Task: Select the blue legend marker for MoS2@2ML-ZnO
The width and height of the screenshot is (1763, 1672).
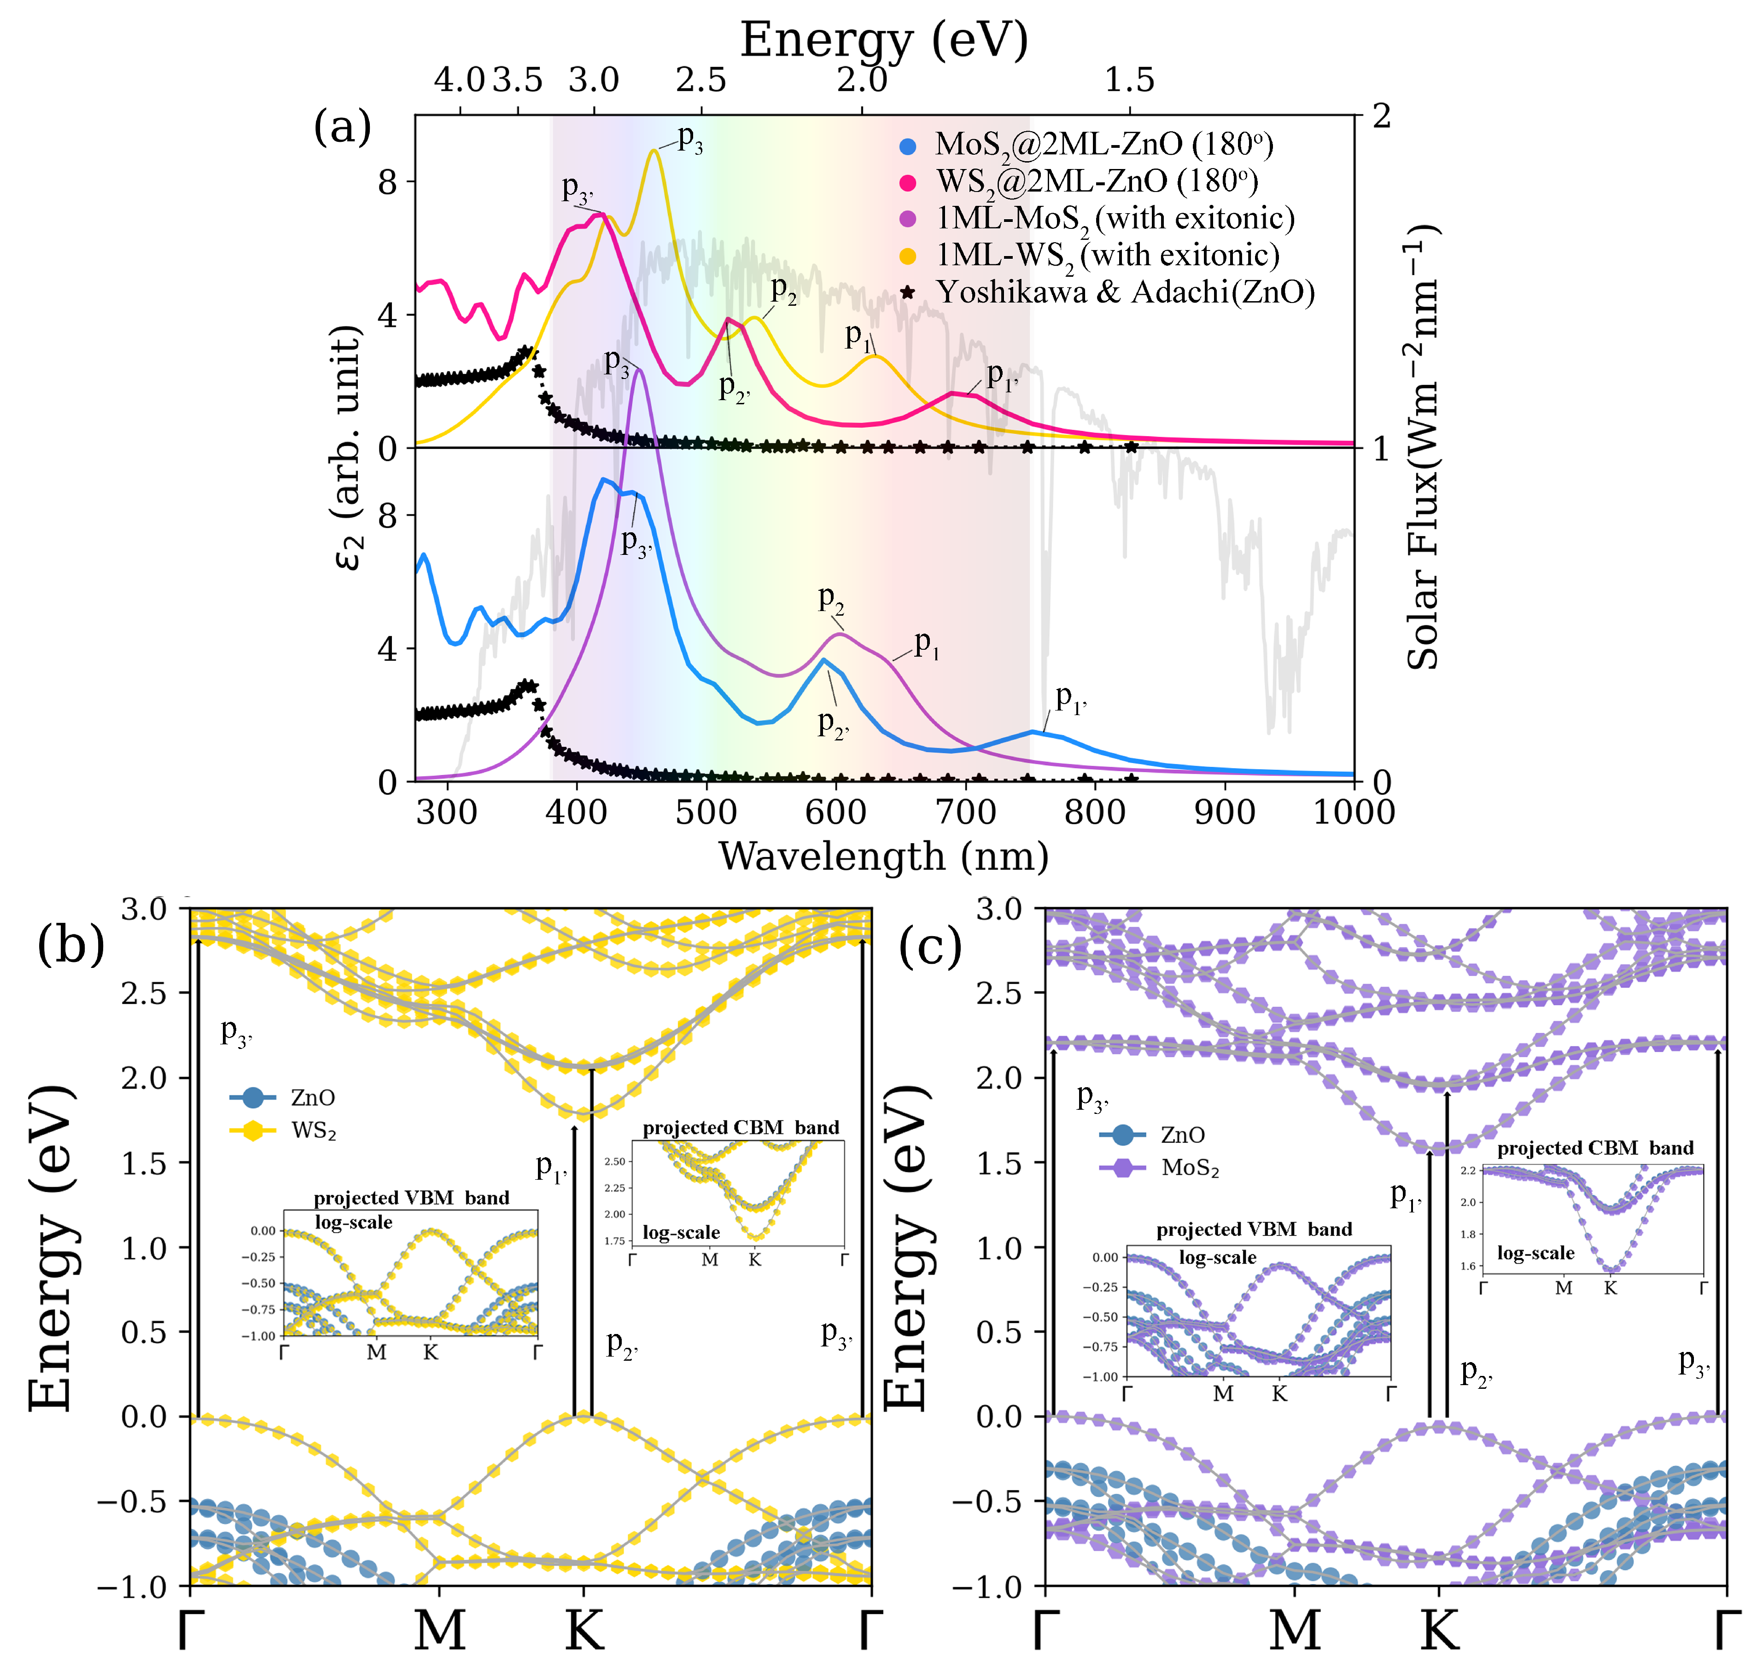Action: tap(907, 145)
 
